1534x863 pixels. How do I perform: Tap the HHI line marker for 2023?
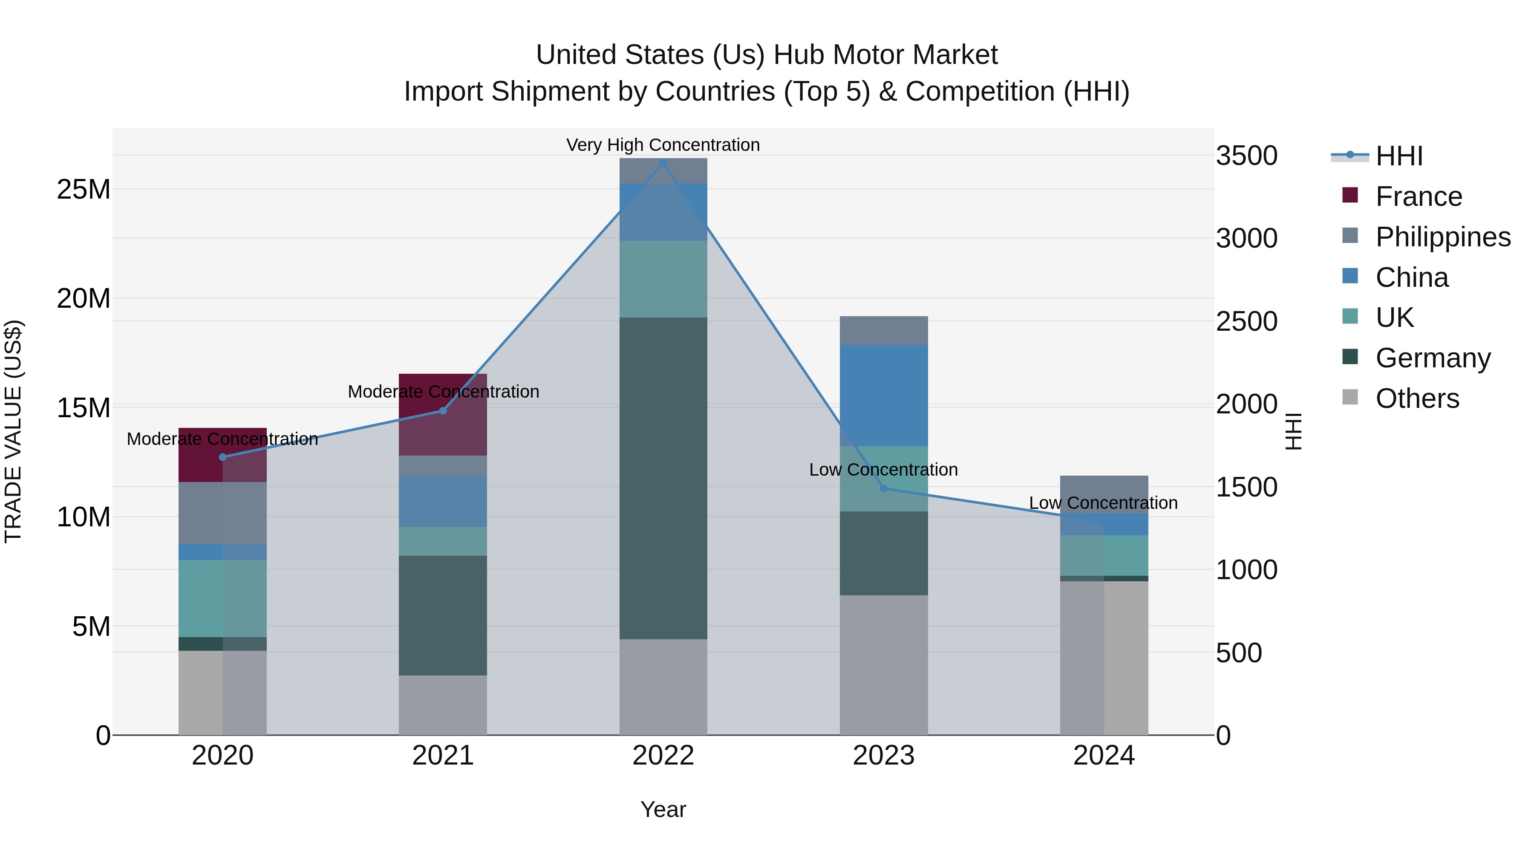(x=884, y=488)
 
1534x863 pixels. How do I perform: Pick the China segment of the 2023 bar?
(x=884, y=395)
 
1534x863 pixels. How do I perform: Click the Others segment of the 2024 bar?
(x=1104, y=658)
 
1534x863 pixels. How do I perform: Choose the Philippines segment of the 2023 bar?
(x=884, y=331)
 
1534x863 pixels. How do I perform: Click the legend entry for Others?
(x=1417, y=398)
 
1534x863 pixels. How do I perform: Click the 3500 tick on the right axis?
(x=1246, y=156)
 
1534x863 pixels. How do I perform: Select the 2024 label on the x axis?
(x=1104, y=756)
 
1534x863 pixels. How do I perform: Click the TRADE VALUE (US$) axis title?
(x=13, y=431)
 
